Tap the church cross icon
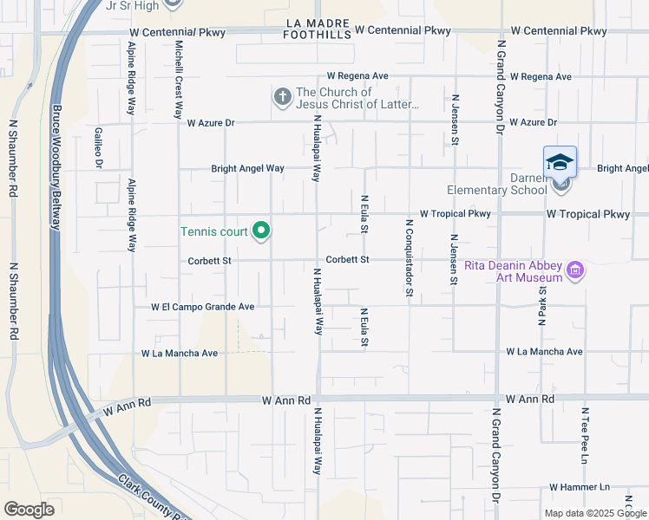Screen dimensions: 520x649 pyautogui.click(x=283, y=97)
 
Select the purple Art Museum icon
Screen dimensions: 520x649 pyautogui.click(x=574, y=271)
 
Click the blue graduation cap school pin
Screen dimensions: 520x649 pyautogui.click(x=560, y=162)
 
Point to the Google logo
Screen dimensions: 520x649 pyautogui.click(x=29, y=510)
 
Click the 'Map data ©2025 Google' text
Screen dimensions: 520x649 pyautogui.click(x=596, y=513)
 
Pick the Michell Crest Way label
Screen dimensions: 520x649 pyautogui.click(x=178, y=79)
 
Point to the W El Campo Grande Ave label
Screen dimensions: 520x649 pyautogui.click(x=202, y=307)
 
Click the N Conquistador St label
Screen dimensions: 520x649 pyautogui.click(x=408, y=257)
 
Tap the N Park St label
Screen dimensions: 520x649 pyautogui.click(x=541, y=303)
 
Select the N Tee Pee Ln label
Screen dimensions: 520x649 pyautogui.click(x=585, y=434)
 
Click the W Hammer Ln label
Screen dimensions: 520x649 pyautogui.click(x=580, y=487)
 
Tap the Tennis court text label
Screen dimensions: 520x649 pyautogui.click(x=213, y=231)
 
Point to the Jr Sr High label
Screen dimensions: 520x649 pyautogui.click(x=131, y=6)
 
